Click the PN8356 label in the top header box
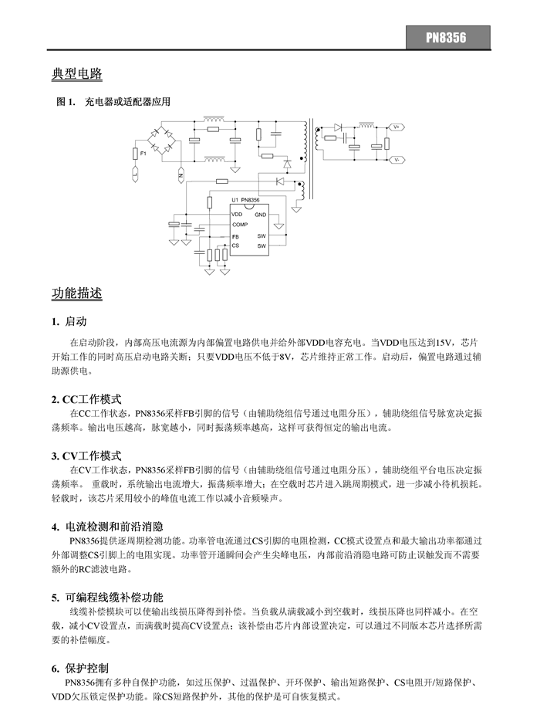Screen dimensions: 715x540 click(x=447, y=37)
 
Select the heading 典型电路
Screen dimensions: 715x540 click(x=76, y=74)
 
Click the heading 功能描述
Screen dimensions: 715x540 click(x=76, y=293)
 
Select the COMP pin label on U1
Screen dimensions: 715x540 click(x=239, y=224)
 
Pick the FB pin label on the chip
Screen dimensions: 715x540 click(x=235, y=236)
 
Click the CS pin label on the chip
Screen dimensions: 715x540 click(x=235, y=245)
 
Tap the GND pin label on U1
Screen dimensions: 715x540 click(x=261, y=214)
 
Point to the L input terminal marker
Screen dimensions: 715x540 click(x=136, y=176)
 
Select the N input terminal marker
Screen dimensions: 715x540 click(x=180, y=176)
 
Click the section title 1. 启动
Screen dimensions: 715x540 click(x=69, y=321)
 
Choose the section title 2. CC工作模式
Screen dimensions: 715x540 click(x=86, y=399)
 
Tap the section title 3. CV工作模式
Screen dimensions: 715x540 click(x=86, y=456)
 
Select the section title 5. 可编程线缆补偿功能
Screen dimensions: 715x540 click(x=107, y=597)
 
